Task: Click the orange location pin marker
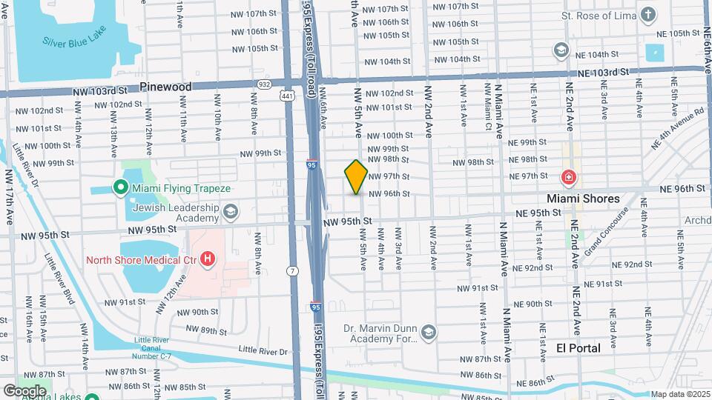click(356, 176)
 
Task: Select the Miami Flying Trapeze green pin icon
click(119, 188)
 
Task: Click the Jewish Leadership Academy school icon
click(231, 213)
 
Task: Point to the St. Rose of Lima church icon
click(649, 15)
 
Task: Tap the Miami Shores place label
click(583, 199)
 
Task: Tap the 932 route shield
click(265, 84)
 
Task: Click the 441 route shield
click(286, 96)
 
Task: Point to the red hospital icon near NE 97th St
click(568, 178)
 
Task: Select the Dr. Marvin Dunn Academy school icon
click(428, 333)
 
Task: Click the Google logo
click(24, 390)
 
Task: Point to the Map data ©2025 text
click(680, 394)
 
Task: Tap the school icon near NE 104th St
click(561, 50)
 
